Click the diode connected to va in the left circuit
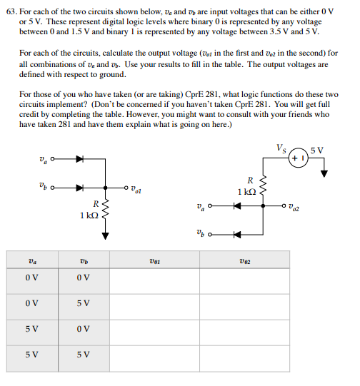(x=79, y=159)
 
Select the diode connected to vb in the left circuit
(x=79, y=188)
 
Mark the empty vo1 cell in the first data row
(x=154, y=278)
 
